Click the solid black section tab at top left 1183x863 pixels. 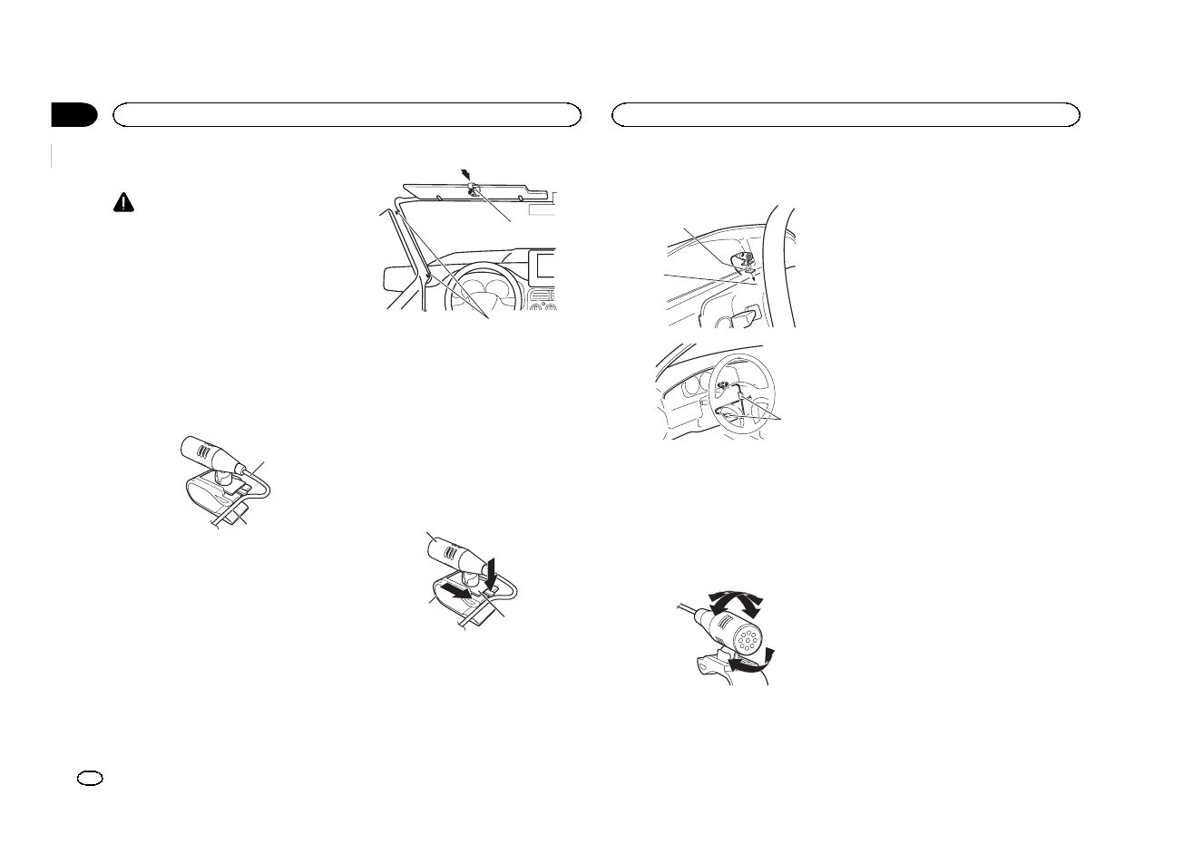click(74, 114)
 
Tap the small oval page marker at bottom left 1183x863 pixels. click(93, 779)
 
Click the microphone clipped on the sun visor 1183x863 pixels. click(474, 189)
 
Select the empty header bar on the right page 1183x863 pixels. click(846, 114)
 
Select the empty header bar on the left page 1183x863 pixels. click(345, 114)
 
